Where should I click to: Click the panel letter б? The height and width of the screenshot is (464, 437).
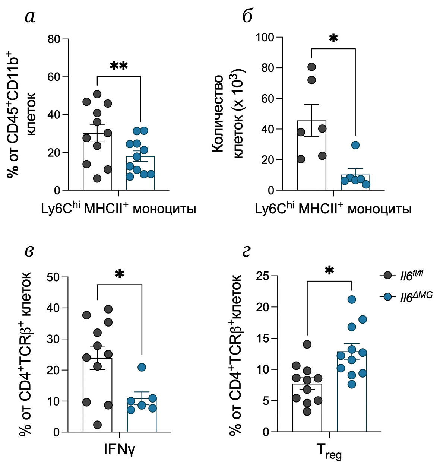[x=247, y=16]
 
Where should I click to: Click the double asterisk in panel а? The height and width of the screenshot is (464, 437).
[x=119, y=66]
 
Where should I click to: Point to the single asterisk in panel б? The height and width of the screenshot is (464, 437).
[x=333, y=38]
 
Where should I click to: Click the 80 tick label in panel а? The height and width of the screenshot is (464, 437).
[x=53, y=39]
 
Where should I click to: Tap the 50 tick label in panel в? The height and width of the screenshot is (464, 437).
[x=53, y=277]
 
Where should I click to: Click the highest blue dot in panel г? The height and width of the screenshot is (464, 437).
[x=351, y=299]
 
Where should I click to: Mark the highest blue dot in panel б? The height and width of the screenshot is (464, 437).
[x=355, y=145]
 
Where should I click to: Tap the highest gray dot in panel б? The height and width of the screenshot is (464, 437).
[x=312, y=67]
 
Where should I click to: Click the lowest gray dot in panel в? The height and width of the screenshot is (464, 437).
[x=98, y=425]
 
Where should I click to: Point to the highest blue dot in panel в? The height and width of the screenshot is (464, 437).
[x=142, y=367]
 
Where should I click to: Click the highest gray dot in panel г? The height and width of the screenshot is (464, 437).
[x=307, y=344]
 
